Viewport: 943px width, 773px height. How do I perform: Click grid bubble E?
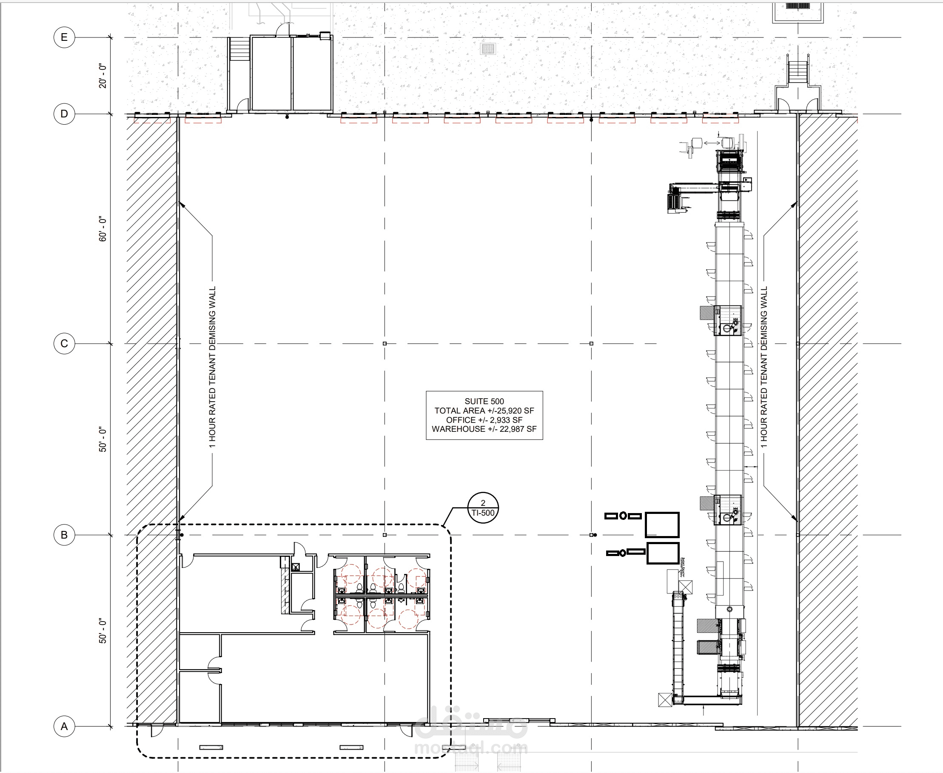pos(64,37)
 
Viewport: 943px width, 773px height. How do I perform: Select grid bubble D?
pos(64,114)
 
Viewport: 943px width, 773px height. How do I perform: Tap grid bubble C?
pos(64,344)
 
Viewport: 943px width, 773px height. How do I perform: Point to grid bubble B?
pos(64,535)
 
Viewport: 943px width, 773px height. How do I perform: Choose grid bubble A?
pos(64,726)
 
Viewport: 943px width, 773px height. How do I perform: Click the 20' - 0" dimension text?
pos(103,76)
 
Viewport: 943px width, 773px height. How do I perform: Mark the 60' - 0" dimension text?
pos(103,229)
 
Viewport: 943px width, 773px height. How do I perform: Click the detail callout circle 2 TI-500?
pos(483,508)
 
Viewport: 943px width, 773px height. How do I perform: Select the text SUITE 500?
pos(484,401)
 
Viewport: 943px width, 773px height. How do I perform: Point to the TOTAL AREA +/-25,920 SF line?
pos(484,411)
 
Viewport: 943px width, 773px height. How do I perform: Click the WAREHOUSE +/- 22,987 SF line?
pos(484,429)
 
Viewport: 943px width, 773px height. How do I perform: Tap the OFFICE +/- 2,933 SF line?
pos(484,420)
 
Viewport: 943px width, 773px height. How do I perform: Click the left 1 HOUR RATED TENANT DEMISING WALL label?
pos(212,367)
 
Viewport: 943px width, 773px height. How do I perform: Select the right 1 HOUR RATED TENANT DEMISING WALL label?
pos(764,367)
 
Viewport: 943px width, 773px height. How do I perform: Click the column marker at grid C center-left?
pos(385,344)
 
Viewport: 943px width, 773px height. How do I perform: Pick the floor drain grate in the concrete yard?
pos(488,48)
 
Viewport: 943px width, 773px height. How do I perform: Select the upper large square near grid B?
pos(662,525)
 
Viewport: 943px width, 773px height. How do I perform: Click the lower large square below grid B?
pos(663,553)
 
